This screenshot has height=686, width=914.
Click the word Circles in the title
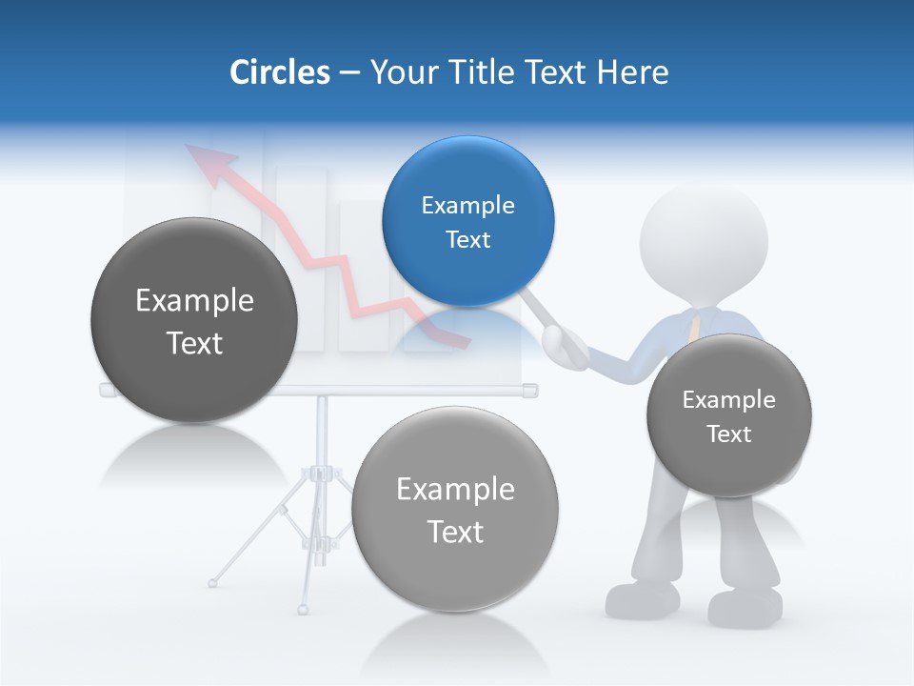[x=280, y=71]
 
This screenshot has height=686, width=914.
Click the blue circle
[x=467, y=221]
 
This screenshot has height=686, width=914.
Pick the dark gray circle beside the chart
[x=194, y=320]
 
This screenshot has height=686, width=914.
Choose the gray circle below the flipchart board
[x=455, y=509]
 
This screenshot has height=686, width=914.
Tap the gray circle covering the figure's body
[x=728, y=415]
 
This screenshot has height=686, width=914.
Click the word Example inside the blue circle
[x=467, y=205]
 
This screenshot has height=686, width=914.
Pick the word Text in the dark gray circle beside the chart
[x=194, y=343]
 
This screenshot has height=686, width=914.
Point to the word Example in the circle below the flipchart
[x=455, y=489]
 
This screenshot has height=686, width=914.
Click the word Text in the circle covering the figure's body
[x=729, y=434]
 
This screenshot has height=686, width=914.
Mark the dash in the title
[x=349, y=72]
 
